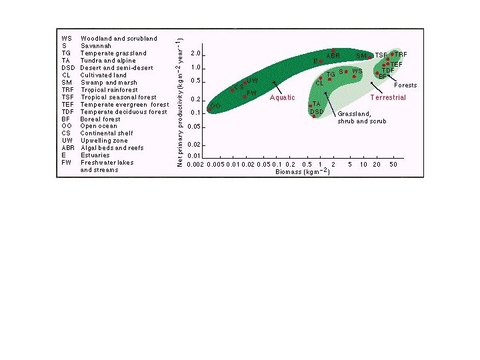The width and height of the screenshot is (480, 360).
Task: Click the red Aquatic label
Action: pos(282,98)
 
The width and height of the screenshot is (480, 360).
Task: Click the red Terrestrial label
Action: pos(388,98)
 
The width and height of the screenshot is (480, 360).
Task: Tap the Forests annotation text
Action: pos(405,85)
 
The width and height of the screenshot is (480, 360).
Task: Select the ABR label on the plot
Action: pos(334,55)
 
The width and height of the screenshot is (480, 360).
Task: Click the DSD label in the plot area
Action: pos(317,111)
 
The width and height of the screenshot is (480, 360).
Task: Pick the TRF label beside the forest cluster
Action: pos(401,54)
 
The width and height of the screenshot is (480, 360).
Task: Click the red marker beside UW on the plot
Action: pos(245,83)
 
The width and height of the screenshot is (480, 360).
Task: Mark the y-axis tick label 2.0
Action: pos(195,53)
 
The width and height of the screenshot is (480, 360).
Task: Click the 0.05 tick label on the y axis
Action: pos(195,127)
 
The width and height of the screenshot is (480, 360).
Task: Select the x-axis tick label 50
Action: pos(394,164)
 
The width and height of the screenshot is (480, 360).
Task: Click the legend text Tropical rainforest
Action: pos(109,90)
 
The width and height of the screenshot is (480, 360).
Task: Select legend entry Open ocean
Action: pos(99,126)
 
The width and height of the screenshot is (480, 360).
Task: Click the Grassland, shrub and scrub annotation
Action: pos(361,117)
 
